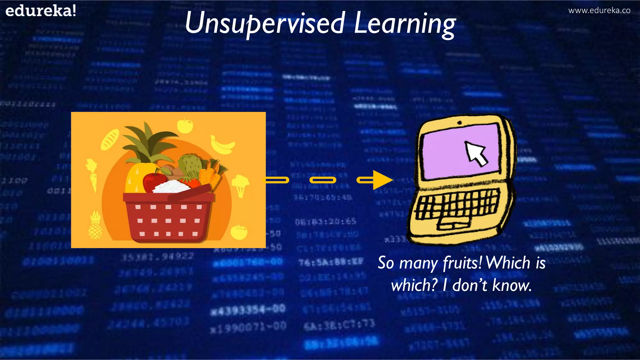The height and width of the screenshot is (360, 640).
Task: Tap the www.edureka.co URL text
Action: [599, 10]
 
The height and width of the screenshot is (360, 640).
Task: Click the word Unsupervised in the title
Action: [265, 23]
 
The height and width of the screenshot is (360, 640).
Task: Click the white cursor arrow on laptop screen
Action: [476, 153]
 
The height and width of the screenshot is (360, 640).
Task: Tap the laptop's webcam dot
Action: [460, 123]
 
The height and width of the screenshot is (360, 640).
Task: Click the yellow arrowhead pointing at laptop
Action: [382, 180]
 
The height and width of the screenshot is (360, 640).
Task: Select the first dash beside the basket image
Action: [277, 180]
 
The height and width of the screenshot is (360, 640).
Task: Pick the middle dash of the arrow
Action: [323, 180]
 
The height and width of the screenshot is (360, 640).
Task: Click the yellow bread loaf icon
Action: [110, 140]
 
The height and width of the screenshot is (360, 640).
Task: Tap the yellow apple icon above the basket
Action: [185, 126]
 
